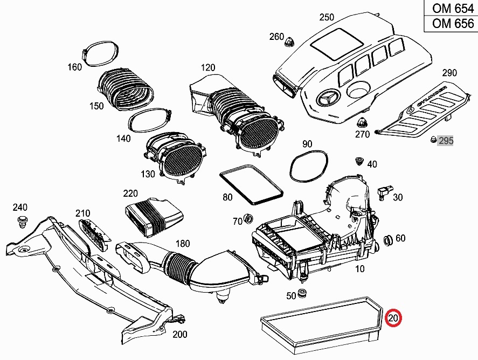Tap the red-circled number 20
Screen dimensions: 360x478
[x=393, y=319]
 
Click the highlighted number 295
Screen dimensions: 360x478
[x=446, y=141]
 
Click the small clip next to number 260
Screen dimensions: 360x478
[x=291, y=41]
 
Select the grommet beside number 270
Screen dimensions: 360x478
[x=363, y=122]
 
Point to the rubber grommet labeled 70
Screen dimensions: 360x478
[x=249, y=219]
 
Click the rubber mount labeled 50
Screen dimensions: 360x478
[x=302, y=294]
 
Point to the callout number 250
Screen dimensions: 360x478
[x=327, y=17]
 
